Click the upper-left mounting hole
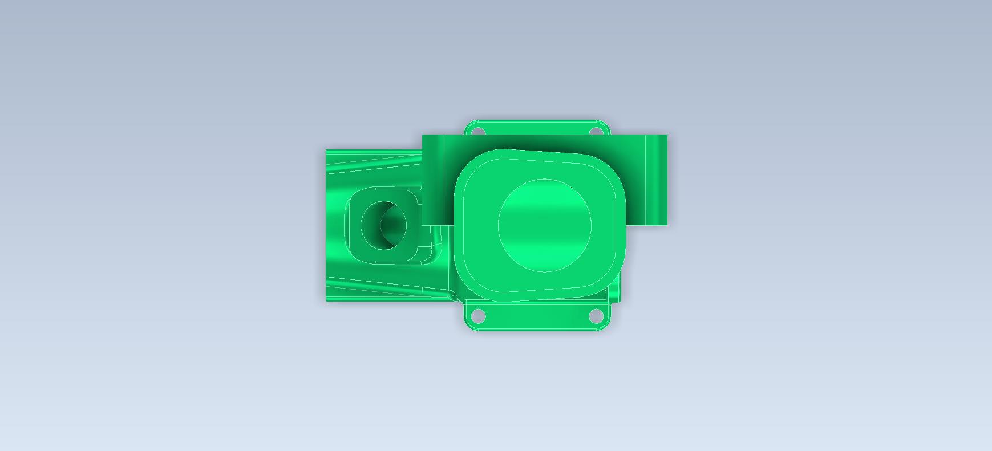pos(479,132)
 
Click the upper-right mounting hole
pos(596,132)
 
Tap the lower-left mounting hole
pos(479,315)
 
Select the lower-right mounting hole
pos(596,315)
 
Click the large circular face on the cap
pos(544,226)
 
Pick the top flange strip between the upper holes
pos(537,128)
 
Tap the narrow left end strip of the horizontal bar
pos(433,180)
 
